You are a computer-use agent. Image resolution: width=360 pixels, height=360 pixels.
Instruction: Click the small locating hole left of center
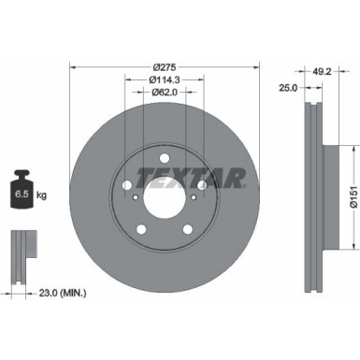[x=136, y=197]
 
